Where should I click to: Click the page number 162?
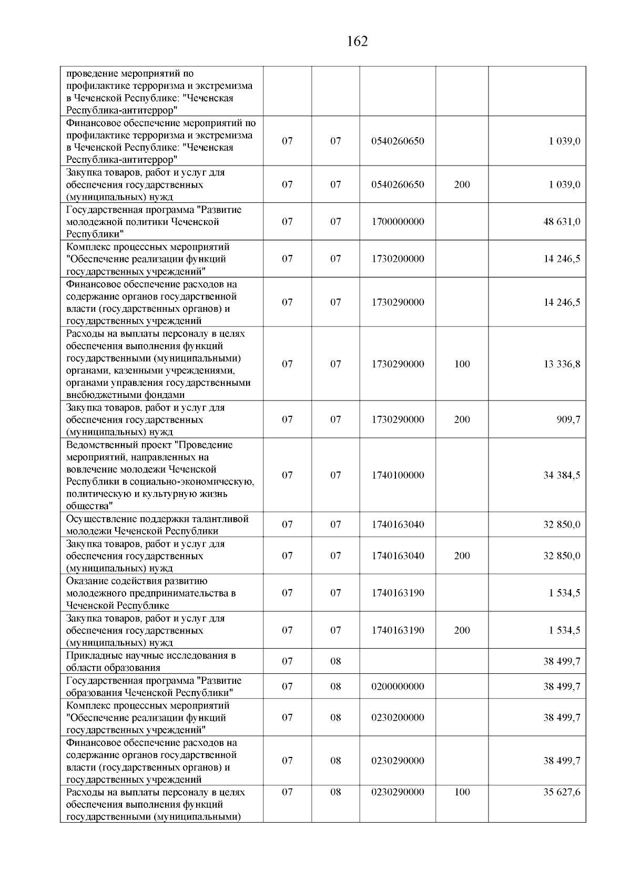358,42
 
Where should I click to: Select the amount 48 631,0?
562,222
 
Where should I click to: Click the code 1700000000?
398,222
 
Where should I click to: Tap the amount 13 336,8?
562,364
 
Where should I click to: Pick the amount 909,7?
568,419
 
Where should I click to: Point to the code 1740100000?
398,475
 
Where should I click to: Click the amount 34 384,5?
562,475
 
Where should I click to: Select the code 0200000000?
398,686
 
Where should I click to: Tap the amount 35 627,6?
562,792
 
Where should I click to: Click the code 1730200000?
398,259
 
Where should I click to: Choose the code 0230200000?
398,717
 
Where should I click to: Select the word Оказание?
85,581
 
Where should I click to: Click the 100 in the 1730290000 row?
462,364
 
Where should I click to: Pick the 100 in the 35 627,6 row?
462,792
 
